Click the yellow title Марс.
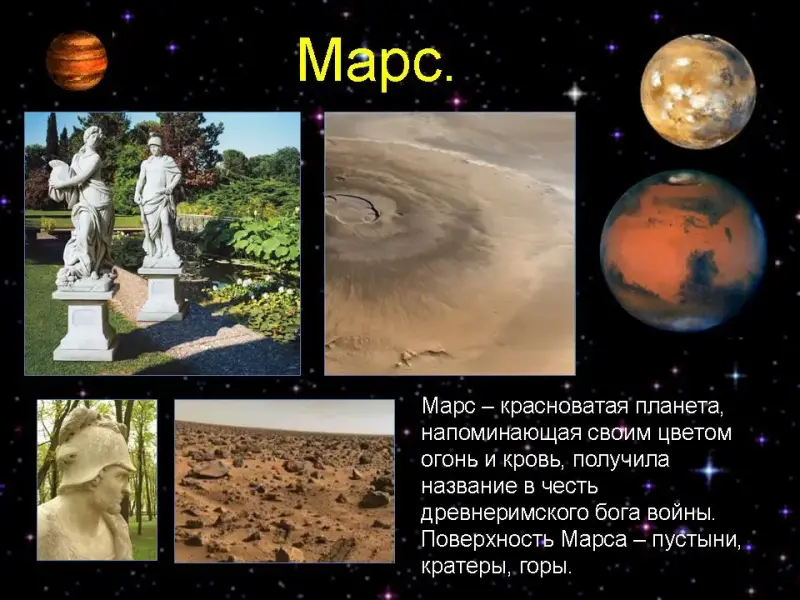pyautogui.click(x=376, y=60)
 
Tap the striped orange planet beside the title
pyautogui.click(x=77, y=60)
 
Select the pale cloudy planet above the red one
pyautogui.click(x=698, y=91)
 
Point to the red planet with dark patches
pyautogui.click(x=683, y=251)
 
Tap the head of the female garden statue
pyautogui.click(x=93, y=136)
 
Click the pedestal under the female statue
pyautogui.click(x=85, y=322)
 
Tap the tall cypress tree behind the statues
pyautogui.click(x=52, y=134)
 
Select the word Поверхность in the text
pyautogui.click(x=487, y=540)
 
